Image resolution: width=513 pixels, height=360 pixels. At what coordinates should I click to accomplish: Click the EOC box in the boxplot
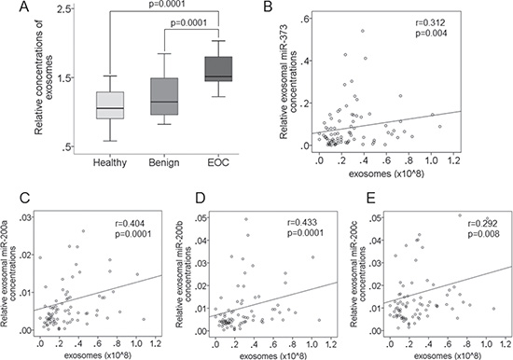point(218,69)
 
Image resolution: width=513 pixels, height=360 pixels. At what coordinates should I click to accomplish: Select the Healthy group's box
point(110,105)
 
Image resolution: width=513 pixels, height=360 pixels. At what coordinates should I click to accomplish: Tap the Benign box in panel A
point(164,96)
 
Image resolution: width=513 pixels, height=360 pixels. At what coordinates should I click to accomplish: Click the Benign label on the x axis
point(164,162)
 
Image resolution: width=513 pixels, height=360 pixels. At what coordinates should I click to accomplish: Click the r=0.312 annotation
point(430,23)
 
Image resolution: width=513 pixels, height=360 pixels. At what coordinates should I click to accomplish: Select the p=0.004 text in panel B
point(431,34)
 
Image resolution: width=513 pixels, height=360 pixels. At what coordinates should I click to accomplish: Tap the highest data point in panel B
point(363,31)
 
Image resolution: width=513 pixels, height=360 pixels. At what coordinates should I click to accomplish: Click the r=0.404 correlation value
point(128,224)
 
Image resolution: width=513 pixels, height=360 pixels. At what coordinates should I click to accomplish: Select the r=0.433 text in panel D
point(302,223)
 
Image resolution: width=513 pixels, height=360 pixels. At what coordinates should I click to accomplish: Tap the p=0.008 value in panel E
point(483,234)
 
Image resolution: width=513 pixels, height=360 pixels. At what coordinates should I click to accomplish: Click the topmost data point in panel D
point(246,219)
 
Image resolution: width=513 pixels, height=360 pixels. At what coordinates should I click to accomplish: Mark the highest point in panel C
point(83,231)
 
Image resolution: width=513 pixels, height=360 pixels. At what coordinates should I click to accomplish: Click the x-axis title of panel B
point(386,173)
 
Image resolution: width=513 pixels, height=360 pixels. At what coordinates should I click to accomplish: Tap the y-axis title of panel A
point(43,77)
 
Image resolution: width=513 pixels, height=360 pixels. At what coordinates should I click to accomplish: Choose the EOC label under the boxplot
point(218,162)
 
